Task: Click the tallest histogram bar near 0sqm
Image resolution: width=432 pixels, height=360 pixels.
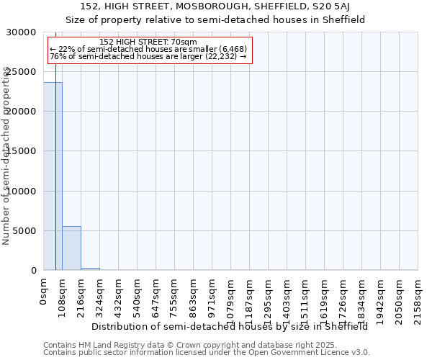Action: (53, 176)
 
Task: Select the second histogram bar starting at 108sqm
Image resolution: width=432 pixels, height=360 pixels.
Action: (71, 248)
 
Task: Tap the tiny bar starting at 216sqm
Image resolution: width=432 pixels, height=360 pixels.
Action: (90, 269)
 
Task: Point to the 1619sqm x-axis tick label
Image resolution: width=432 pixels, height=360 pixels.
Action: (325, 294)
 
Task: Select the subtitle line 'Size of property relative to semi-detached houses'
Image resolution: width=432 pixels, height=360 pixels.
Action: (215, 19)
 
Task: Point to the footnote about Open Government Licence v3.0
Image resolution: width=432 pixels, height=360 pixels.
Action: (207, 353)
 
